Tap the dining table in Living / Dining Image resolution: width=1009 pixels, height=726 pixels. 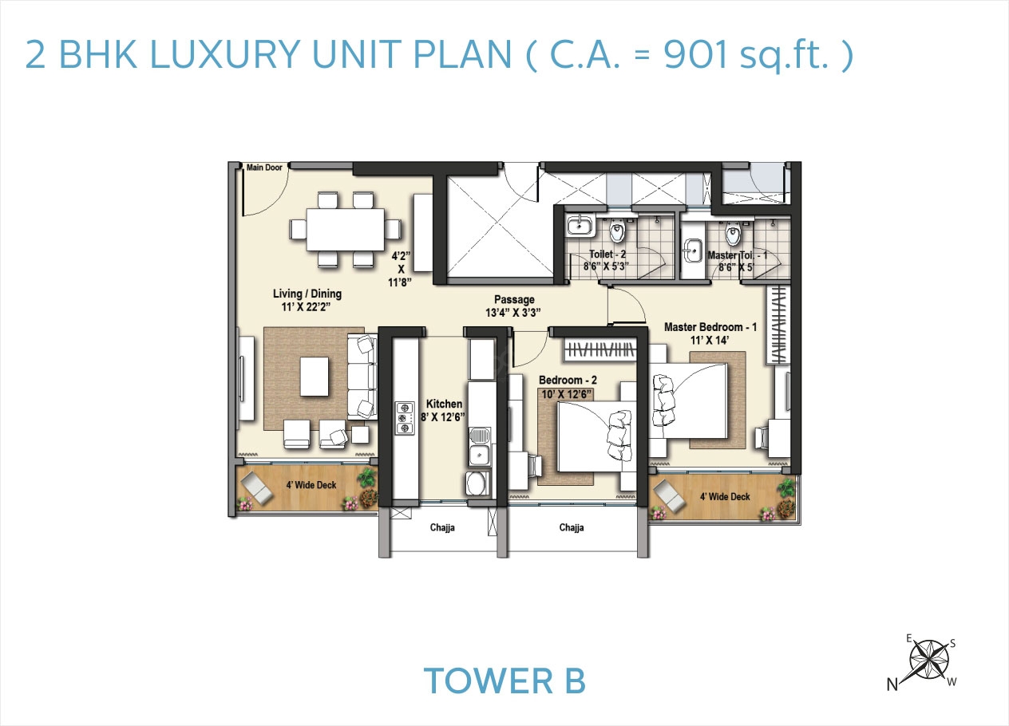pyautogui.click(x=345, y=229)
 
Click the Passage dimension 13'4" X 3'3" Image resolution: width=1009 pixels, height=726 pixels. pyautogui.click(x=513, y=313)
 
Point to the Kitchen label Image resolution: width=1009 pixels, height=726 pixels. pyautogui.click(x=442, y=404)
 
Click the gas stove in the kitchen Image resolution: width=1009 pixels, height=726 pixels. pyautogui.click(x=404, y=417)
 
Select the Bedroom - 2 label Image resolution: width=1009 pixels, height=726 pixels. pyautogui.click(x=568, y=380)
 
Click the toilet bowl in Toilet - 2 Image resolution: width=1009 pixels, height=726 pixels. pyautogui.click(x=616, y=232)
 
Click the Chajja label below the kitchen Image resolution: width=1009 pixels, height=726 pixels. pyautogui.click(x=442, y=527)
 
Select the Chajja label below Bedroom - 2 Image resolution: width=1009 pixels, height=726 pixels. pyautogui.click(x=572, y=527)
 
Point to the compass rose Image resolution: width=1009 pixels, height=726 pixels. pyautogui.click(x=929, y=659)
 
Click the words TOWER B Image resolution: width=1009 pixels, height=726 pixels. pyautogui.click(x=504, y=681)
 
